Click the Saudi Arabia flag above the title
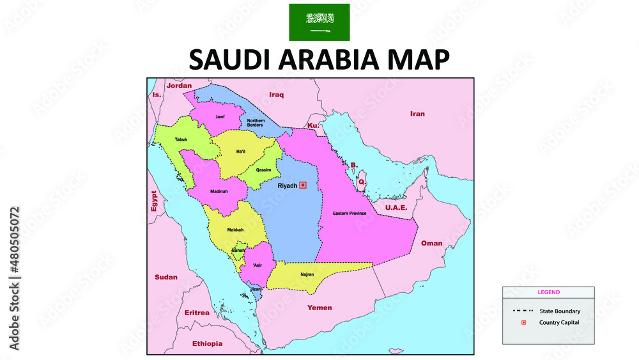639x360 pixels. [x=319, y=22]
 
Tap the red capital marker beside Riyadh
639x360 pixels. [x=303, y=185]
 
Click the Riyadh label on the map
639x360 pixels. [x=287, y=185]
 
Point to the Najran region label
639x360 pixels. [x=307, y=274]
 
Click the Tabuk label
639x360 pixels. [x=181, y=139]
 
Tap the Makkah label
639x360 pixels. [x=235, y=230]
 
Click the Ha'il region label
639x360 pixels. [x=241, y=151]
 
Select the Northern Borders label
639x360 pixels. [x=256, y=122]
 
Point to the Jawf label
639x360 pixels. [x=220, y=117]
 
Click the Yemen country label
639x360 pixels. [x=319, y=308]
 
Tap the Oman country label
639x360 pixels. [x=431, y=243]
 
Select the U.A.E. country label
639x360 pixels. [x=396, y=207]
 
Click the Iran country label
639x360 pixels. [x=417, y=114]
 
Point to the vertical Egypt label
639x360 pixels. [x=153, y=201]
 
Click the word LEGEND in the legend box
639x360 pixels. [x=548, y=292]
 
